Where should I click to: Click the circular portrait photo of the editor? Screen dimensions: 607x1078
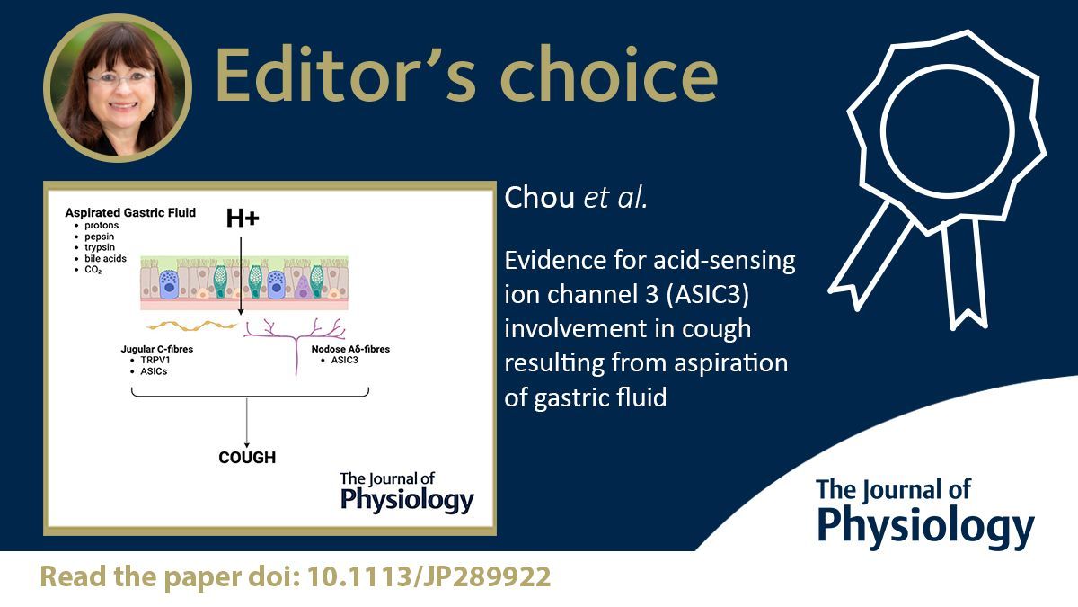click(x=118, y=87)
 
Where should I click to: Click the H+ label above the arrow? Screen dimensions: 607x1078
click(x=242, y=218)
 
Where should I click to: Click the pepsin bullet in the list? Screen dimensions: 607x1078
click(x=101, y=237)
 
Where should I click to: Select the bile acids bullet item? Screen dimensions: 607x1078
click(x=106, y=259)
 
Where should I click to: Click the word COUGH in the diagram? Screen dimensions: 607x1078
click(x=247, y=458)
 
